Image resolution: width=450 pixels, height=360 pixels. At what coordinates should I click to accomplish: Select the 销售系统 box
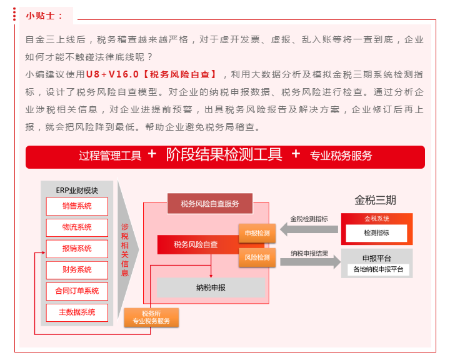coord(77,206)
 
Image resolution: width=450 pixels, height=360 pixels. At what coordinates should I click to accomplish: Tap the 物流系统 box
coord(77,227)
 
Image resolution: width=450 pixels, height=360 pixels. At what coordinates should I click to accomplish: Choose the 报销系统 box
coord(77,249)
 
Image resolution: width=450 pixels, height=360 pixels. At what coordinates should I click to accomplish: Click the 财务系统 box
coord(77,270)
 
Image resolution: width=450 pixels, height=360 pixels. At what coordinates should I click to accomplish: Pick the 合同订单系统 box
coord(77,291)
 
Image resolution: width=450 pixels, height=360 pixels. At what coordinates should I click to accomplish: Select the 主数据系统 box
coord(77,312)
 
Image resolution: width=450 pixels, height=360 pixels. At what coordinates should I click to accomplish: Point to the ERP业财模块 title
coord(77,189)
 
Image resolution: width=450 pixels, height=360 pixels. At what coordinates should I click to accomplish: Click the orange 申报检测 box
coord(257,233)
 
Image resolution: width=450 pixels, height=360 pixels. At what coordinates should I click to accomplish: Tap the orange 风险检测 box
coord(257,257)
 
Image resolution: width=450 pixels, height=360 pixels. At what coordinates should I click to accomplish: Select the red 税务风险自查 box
coord(196,244)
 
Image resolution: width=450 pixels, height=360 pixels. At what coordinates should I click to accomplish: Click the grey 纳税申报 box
coord(211,287)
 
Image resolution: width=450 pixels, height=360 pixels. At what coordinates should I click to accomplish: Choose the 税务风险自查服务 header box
coord(210,204)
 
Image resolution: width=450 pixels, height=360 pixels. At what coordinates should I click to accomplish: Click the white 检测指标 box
coord(376,232)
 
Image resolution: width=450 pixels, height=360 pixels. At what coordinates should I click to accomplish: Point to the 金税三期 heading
coord(375,201)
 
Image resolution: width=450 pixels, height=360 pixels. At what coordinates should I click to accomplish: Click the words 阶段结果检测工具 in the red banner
coord(224,155)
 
